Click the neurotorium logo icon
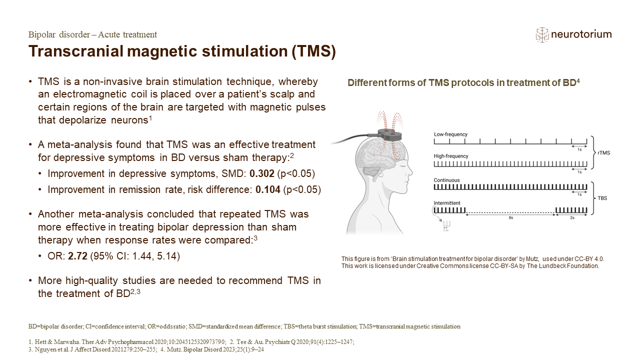541,34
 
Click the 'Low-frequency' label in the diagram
450,134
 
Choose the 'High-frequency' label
451,156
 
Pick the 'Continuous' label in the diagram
446,180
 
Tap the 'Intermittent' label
447,203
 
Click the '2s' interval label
572,218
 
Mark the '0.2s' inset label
446,230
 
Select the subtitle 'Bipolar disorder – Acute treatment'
92,34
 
